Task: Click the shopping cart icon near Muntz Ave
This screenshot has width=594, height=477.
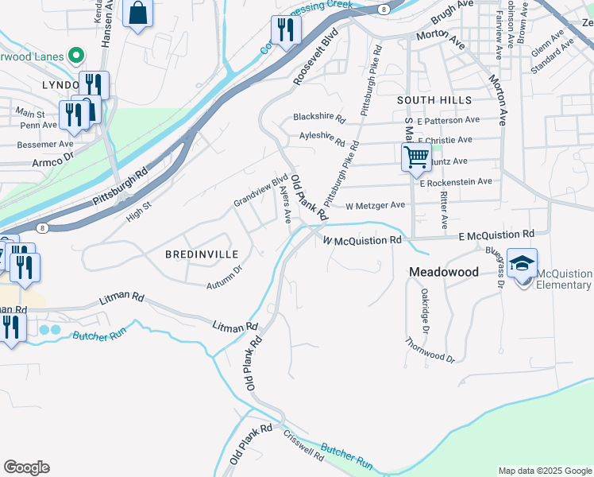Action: (416, 157)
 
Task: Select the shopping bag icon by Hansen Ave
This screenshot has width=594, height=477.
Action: (138, 14)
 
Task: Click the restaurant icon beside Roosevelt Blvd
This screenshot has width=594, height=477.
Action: (283, 31)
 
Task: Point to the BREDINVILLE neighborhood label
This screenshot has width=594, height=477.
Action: (201, 254)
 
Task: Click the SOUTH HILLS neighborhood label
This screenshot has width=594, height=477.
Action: (434, 100)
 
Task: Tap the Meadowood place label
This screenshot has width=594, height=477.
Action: (443, 272)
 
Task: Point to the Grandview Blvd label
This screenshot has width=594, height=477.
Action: (260, 191)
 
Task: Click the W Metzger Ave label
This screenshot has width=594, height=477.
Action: (375, 205)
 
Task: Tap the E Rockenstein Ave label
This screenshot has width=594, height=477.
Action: (456, 182)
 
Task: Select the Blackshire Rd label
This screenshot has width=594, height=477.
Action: (319, 118)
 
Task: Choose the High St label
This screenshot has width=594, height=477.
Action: (138, 211)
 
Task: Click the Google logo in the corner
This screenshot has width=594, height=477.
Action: (26, 467)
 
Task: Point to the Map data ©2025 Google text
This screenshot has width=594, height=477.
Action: (544, 471)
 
